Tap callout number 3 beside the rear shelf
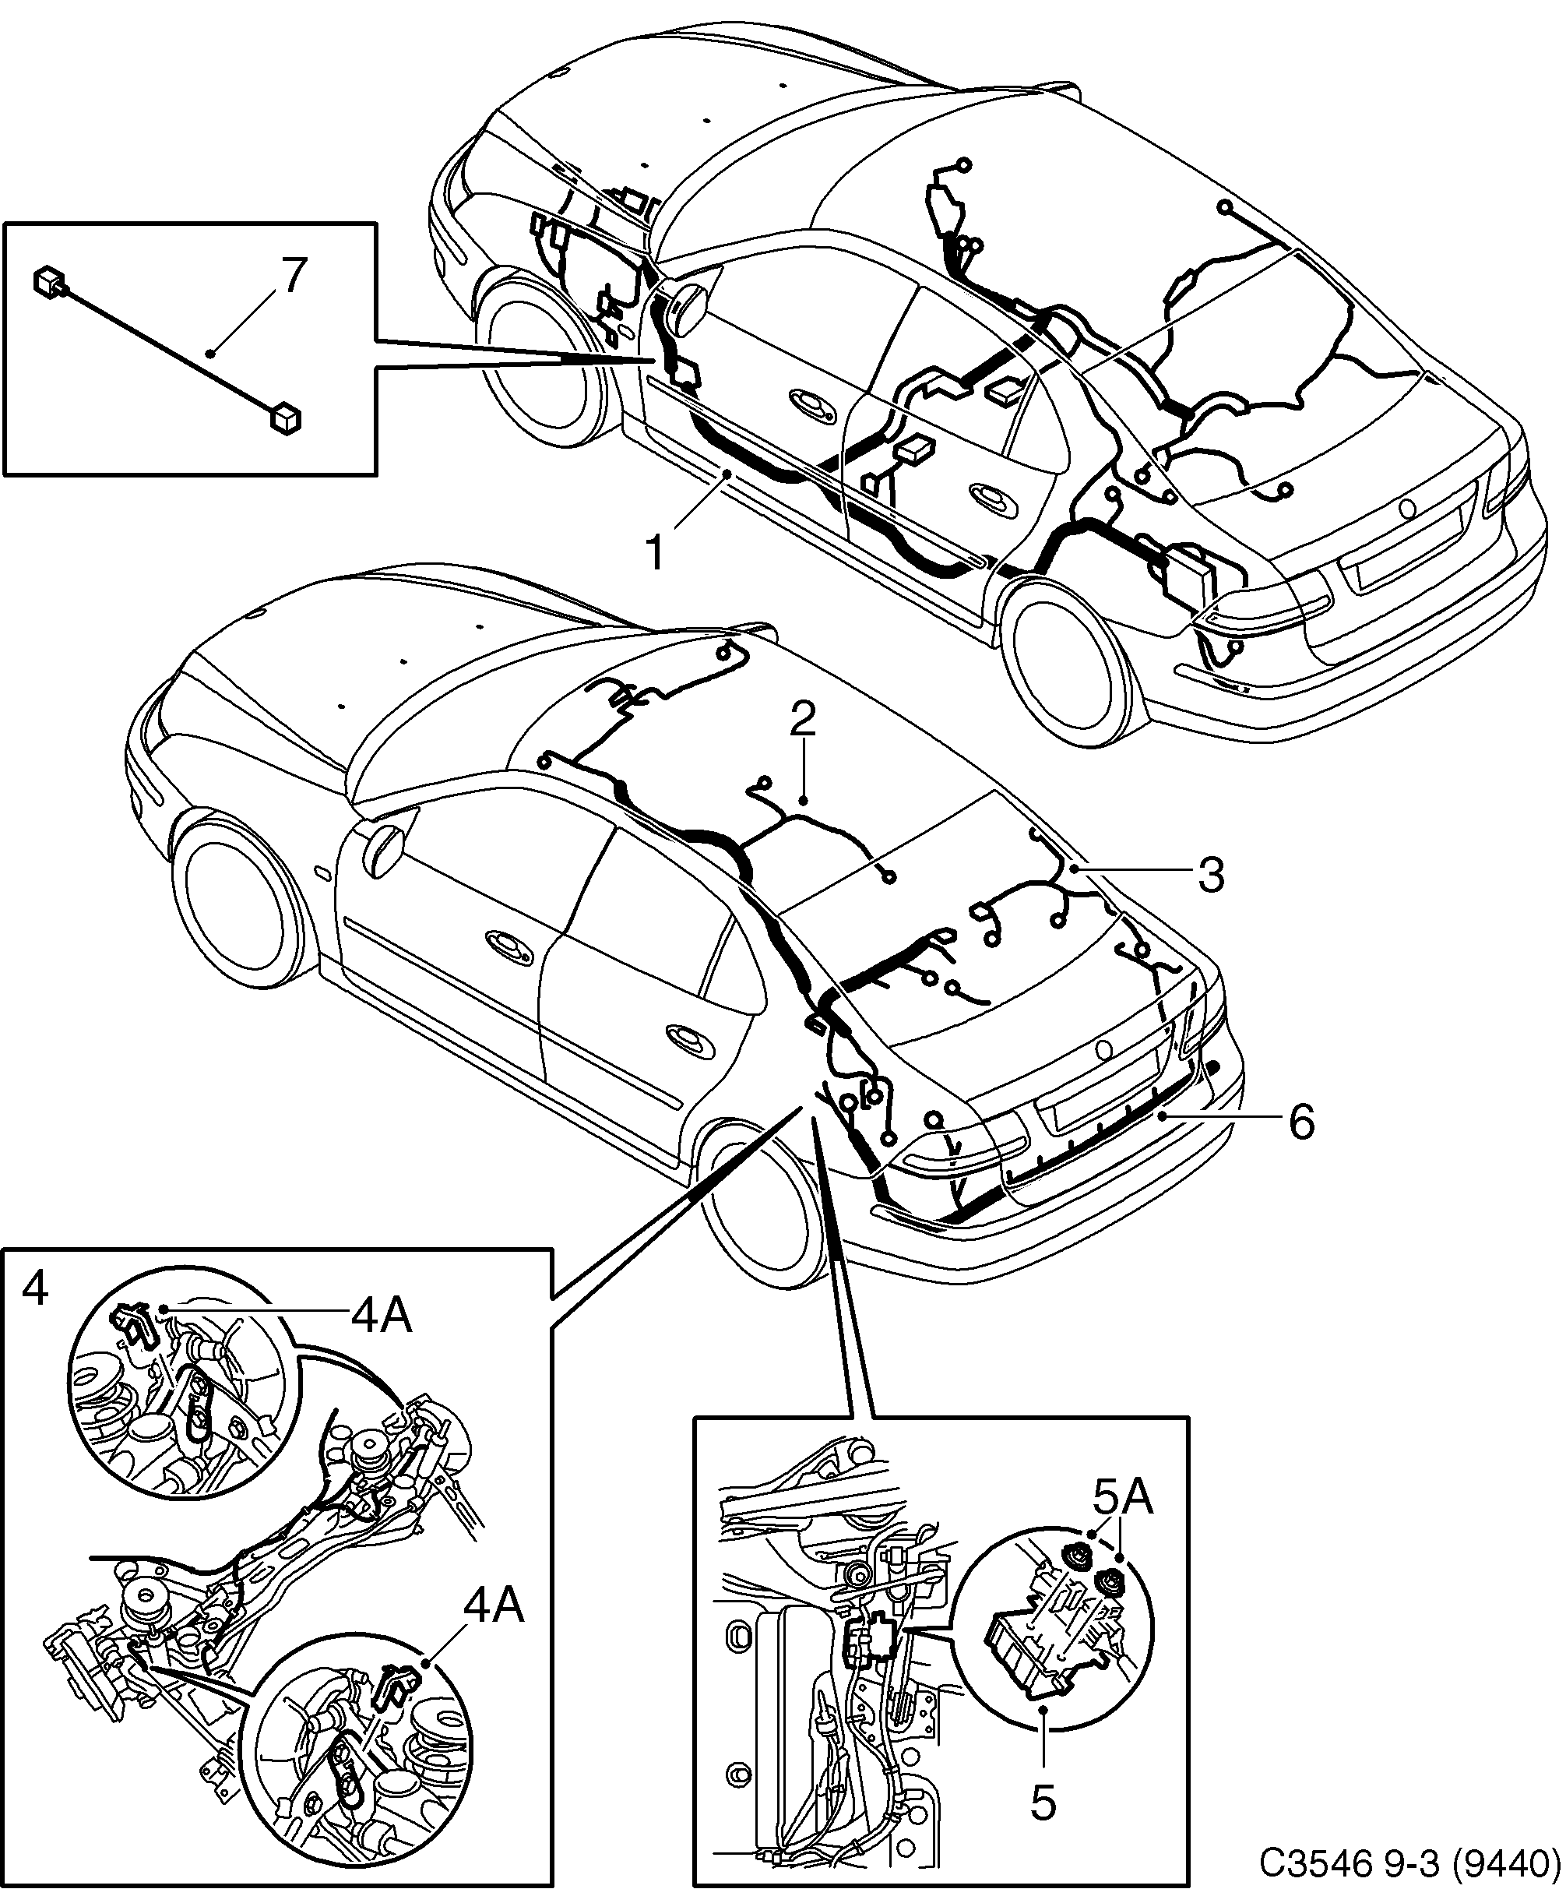1212,873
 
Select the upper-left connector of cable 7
47,280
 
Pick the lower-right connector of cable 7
284,418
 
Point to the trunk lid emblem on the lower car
1104,1050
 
